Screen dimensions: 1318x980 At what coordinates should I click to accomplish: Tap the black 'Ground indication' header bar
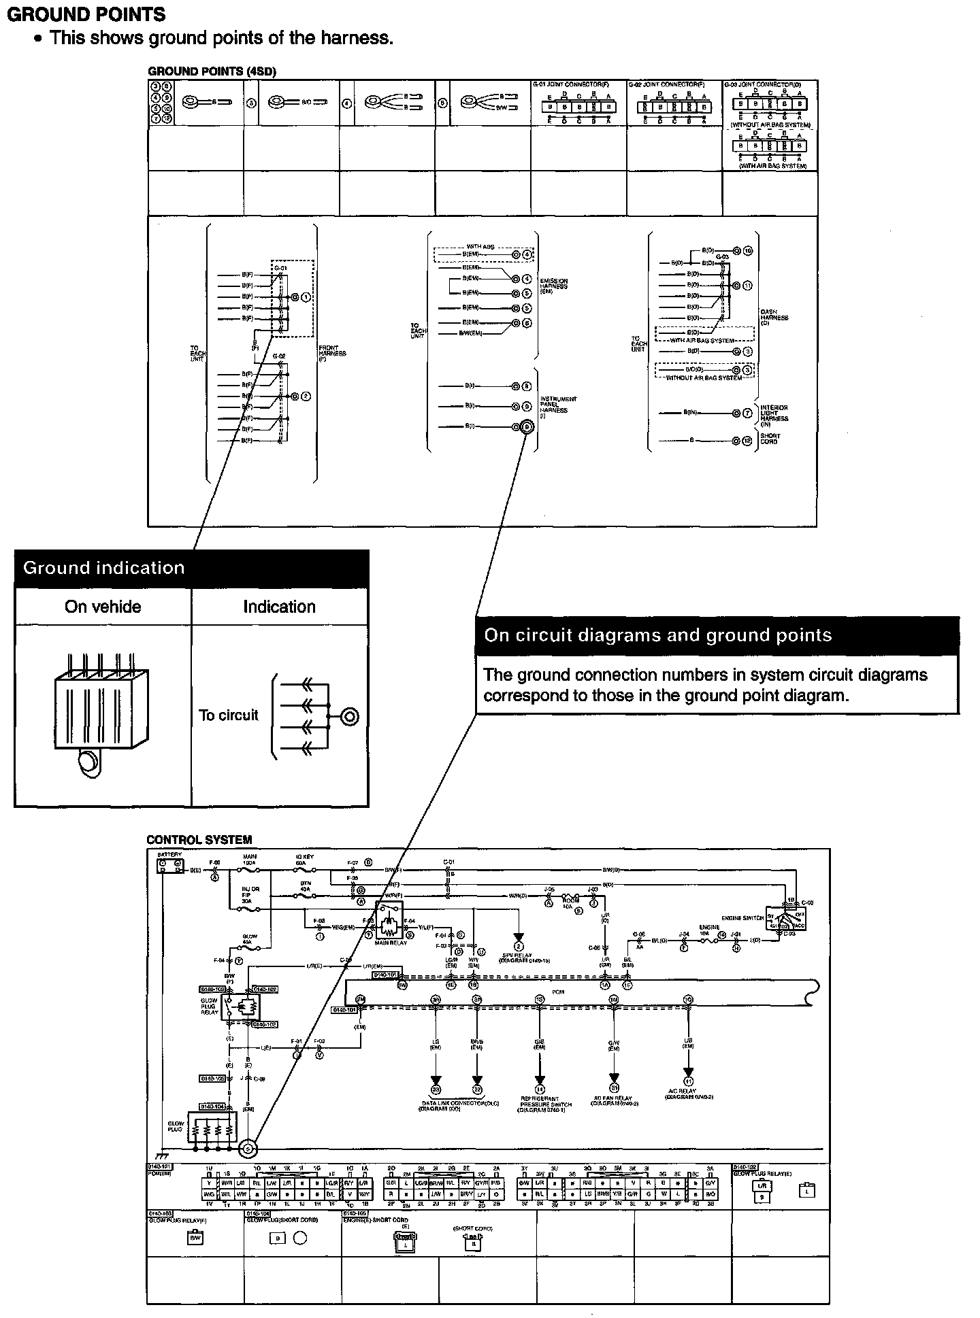(191, 569)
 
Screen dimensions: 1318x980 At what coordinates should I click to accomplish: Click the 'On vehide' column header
(103, 607)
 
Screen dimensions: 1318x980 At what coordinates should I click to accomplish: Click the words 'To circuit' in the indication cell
(229, 715)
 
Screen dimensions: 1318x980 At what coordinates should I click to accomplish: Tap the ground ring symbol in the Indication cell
(350, 716)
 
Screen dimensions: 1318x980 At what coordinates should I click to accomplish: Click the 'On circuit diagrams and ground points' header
(717, 635)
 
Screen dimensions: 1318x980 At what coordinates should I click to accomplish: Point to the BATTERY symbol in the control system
(169, 866)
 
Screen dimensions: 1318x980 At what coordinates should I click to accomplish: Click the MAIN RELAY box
(389, 924)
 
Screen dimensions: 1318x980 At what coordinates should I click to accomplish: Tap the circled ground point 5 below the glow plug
(248, 1148)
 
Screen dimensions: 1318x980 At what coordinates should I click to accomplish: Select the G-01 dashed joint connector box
(292, 298)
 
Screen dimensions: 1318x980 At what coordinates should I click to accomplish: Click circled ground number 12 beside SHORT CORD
(747, 441)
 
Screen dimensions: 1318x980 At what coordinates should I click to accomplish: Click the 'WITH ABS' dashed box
(484, 254)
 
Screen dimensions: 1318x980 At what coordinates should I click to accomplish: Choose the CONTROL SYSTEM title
(199, 840)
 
